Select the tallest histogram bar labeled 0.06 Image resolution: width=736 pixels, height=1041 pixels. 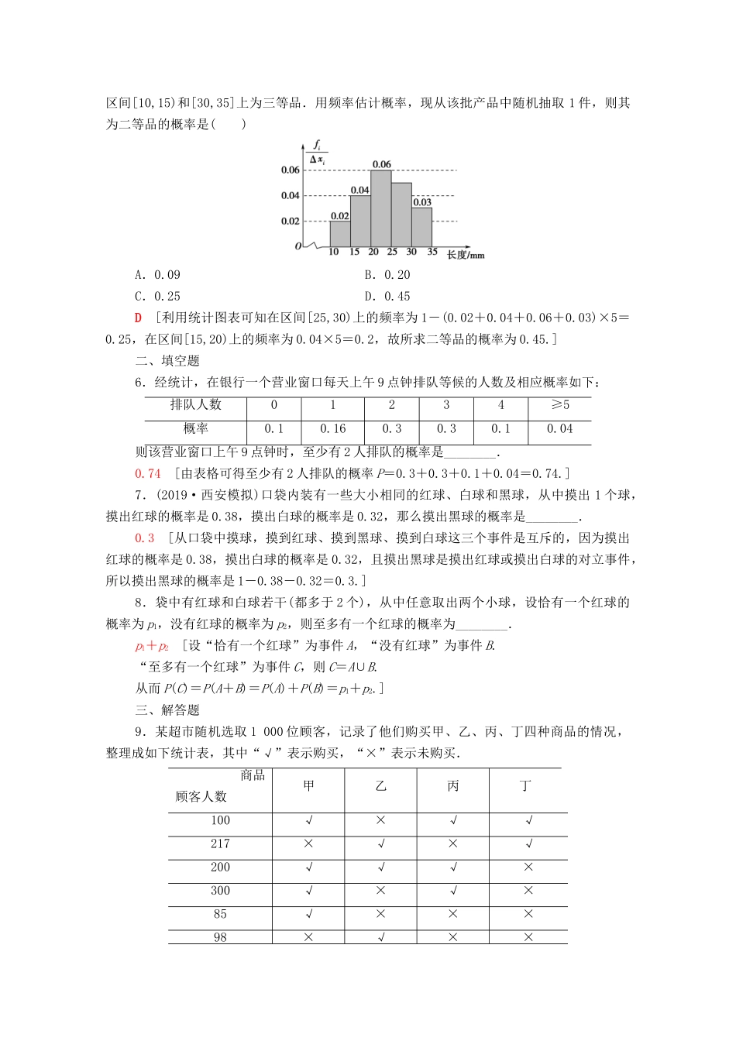[x=380, y=208]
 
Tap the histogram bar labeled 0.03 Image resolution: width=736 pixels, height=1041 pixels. [x=421, y=226]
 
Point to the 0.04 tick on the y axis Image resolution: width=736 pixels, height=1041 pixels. [x=290, y=195]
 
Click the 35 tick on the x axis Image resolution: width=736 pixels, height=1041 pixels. [x=432, y=252]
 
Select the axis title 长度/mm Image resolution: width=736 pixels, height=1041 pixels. [x=465, y=255]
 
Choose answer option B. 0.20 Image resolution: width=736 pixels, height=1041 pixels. [x=387, y=275]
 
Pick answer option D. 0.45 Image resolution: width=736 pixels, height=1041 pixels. [x=387, y=297]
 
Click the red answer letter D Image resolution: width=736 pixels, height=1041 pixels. [x=139, y=318]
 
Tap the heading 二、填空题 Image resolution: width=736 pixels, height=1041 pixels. [x=167, y=361]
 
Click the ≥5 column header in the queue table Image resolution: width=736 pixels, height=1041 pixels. [x=559, y=405]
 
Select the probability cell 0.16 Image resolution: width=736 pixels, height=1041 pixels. [x=332, y=429]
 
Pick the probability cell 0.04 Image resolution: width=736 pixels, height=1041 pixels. [x=559, y=429]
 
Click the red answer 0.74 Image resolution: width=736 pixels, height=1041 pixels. [x=148, y=474]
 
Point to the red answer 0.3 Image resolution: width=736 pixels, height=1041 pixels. [x=145, y=538]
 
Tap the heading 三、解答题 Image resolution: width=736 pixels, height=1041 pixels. [x=167, y=710]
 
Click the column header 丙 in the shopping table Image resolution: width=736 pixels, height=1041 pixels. [x=453, y=786]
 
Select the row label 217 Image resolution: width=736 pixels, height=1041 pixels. [x=220, y=844]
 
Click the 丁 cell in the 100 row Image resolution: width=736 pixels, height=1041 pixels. [x=528, y=821]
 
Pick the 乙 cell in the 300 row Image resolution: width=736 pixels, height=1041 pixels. [x=380, y=891]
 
